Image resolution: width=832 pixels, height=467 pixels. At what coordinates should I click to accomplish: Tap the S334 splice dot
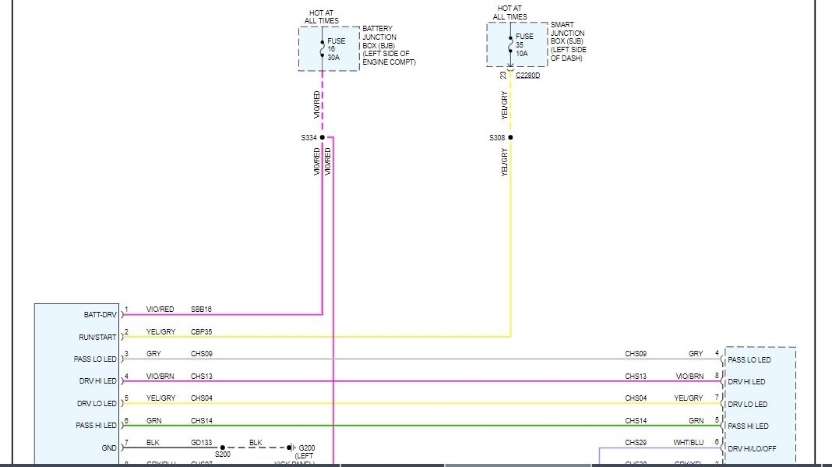pos(323,137)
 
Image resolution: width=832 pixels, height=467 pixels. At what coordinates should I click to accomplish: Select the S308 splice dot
pos(511,137)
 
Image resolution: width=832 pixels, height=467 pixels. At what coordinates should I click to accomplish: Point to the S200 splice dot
pos(223,448)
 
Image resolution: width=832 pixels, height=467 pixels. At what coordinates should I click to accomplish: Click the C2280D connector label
pos(527,76)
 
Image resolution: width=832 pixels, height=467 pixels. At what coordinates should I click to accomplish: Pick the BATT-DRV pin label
pos(100,315)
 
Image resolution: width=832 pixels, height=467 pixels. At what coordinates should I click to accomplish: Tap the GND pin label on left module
pos(108,448)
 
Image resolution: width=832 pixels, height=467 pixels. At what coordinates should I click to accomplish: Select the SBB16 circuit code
pos(201,310)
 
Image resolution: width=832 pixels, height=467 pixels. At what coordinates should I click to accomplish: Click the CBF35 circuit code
pos(201,332)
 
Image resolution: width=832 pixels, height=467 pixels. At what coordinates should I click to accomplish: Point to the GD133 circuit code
pos(201,443)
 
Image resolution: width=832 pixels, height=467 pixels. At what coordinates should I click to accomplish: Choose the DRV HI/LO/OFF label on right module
pos(752,448)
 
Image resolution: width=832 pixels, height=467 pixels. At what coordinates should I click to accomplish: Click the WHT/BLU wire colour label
pos(689,443)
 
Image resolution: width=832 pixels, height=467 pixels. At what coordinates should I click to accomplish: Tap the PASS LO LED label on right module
pos(749,360)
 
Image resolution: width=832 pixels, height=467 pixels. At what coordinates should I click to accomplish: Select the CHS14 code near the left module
pos(201,420)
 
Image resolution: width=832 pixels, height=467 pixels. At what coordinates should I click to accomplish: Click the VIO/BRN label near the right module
pos(689,376)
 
